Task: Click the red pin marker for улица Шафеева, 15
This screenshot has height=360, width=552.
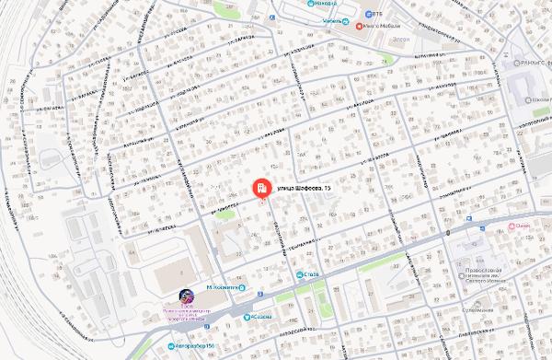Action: pos(261,189)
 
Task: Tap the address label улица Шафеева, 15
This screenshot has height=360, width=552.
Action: pos(304,189)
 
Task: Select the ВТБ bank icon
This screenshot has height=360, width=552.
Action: pos(366,14)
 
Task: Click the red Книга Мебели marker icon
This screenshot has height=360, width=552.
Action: pos(362,25)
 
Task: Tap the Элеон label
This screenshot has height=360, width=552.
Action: pos(398,40)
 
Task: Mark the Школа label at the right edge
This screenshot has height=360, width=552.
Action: pos(538,99)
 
